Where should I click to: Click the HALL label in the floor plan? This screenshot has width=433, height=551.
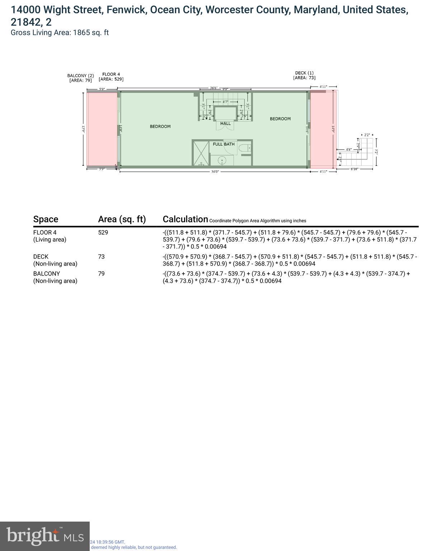tap(225, 123)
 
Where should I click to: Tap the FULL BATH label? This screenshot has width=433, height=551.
tap(223, 144)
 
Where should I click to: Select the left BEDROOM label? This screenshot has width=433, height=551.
tap(160, 126)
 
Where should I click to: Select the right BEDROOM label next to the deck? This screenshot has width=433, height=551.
tap(280, 119)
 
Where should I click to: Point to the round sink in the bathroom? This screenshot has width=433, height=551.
tap(223, 161)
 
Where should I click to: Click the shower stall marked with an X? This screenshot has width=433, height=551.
tap(201, 153)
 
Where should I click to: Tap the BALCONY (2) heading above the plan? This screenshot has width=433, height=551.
tap(80, 76)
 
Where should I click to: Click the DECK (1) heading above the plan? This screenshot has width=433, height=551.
tap(304, 73)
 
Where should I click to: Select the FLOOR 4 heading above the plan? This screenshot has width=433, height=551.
tap(111, 74)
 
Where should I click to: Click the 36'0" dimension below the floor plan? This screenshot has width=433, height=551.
tap(215, 172)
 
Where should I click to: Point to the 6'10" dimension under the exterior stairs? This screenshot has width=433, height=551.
tap(354, 169)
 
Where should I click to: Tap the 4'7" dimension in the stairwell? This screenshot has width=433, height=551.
tap(225, 102)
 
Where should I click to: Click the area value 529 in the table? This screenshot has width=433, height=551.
tap(103, 232)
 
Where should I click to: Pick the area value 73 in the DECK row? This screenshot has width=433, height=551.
tap(101, 257)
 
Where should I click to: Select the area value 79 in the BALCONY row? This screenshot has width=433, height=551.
tap(101, 274)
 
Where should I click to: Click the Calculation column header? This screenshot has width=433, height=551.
tap(185, 219)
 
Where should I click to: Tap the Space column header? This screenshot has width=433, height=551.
tap(46, 219)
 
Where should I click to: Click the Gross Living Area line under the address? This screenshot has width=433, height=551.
tap(60, 33)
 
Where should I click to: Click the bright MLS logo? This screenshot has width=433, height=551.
tap(44, 536)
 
